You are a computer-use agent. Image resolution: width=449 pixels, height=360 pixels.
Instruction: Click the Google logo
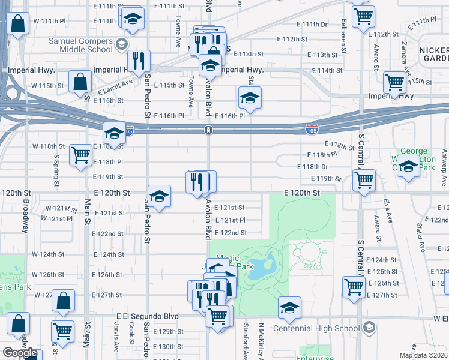(x=20, y=353)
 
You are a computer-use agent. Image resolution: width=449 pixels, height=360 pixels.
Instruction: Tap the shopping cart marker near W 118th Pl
(x=81, y=155)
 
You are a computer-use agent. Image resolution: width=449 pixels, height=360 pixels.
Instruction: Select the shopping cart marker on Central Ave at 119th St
(x=363, y=180)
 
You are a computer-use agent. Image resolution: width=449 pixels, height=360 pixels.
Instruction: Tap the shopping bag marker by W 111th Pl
(x=18, y=24)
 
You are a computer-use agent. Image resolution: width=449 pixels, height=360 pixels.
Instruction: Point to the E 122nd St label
(x=231, y=233)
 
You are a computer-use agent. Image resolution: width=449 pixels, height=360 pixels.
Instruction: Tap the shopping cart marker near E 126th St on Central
(x=354, y=287)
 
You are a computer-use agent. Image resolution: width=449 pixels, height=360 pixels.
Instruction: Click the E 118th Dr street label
(x=313, y=167)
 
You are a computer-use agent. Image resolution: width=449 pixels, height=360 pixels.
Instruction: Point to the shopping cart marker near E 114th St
(x=394, y=83)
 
